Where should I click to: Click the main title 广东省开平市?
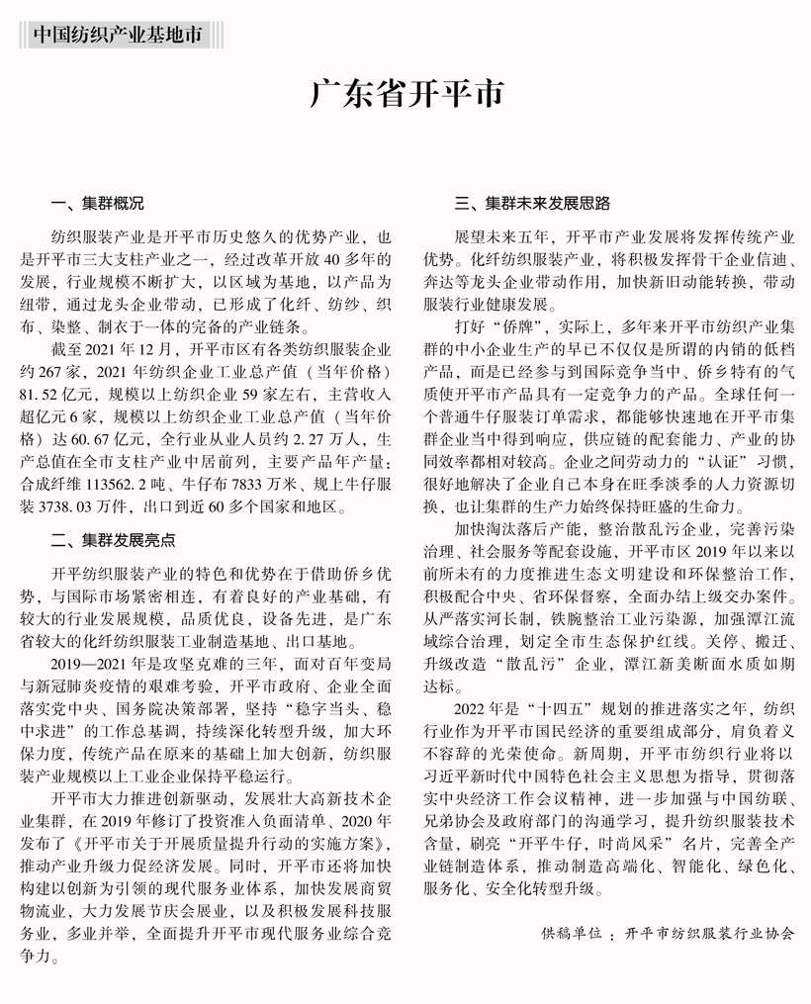click(x=405, y=94)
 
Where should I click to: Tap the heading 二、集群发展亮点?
click(x=113, y=539)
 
